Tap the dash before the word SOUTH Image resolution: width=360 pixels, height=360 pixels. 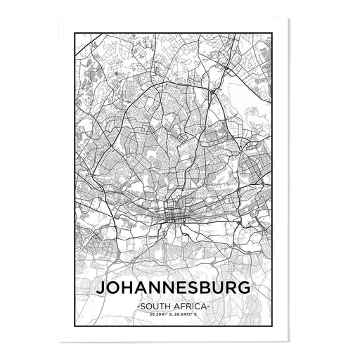[x=139, y=307]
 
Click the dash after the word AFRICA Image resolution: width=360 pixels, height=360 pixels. [x=208, y=307]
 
